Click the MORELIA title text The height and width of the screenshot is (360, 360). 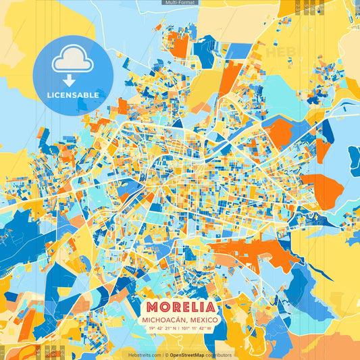[179, 305]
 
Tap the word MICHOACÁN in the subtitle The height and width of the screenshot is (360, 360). [163, 319]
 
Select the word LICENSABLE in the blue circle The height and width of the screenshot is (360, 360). [73, 95]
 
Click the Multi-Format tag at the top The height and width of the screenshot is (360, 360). [179, 3]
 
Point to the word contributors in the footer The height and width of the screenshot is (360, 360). [219, 355]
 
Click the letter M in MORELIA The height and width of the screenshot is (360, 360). [144, 305]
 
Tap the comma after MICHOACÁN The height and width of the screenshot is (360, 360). [187, 320]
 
